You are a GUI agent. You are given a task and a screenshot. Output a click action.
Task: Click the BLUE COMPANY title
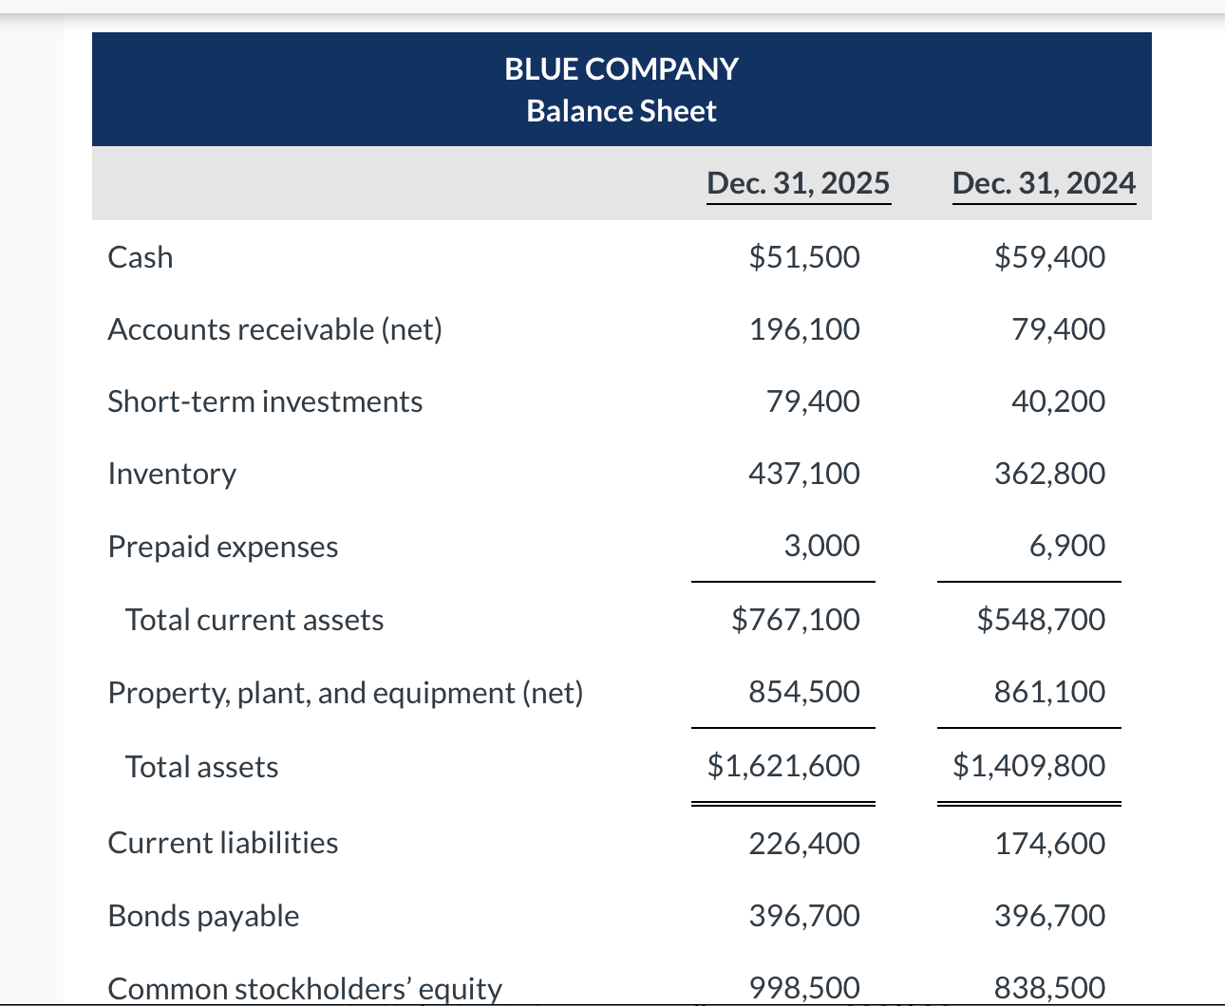621,69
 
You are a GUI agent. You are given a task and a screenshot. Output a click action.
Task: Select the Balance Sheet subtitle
621,111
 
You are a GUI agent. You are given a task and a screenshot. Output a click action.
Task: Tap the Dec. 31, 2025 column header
799,182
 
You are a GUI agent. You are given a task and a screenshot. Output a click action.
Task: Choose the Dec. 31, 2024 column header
1044,182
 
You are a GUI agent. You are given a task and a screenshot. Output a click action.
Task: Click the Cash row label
141,257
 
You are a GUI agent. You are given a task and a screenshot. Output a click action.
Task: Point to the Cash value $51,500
804,257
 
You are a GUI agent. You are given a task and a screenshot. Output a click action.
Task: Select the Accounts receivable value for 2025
804,329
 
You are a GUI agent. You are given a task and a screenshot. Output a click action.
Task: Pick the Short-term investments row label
265,401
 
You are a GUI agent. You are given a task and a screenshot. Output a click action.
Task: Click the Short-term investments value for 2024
1058,401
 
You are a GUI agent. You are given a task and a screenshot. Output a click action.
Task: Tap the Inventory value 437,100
804,474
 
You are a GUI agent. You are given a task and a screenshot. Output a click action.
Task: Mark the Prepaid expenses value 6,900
1067,546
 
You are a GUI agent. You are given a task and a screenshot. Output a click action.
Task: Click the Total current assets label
254,620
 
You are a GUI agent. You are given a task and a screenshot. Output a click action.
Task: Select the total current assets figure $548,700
1041,620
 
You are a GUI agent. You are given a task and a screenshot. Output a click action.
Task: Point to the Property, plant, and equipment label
346,693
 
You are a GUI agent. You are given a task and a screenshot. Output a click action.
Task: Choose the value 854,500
804,692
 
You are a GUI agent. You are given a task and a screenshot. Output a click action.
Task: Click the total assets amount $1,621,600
783,765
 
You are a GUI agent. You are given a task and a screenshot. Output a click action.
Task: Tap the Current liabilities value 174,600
1049,843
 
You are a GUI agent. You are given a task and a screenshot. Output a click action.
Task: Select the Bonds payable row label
203,916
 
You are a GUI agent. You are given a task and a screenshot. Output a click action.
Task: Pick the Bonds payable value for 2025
804,916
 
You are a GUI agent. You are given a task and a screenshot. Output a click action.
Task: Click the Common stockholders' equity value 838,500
1049,988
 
